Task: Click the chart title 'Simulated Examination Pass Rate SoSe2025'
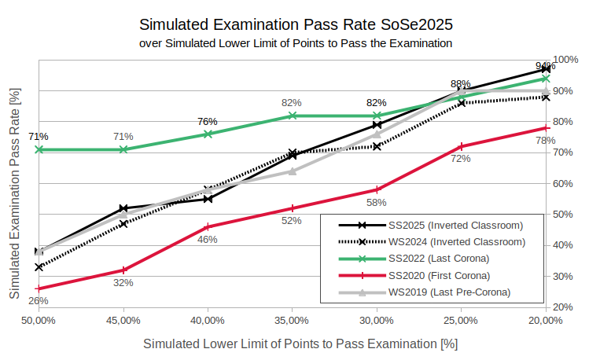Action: pyautogui.click(x=296, y=24)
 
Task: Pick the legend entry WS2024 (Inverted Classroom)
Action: pyautogui.click(x=445, y=241)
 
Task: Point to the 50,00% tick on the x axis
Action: pyautogui.click(x=39, y=321)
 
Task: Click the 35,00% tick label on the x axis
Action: pyautogui.click(x=292, y=321)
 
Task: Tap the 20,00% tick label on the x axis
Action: pyautogui.click(x=545, y=321)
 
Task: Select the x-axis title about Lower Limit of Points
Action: pyautogui.click(x=300, y=343)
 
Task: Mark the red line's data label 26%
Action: pyautogui.click(x=39, y=300)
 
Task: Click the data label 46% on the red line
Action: pyautogui.click(x=208, y=239)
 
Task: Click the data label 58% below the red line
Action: pyautogui.click(x=377, y=202)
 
